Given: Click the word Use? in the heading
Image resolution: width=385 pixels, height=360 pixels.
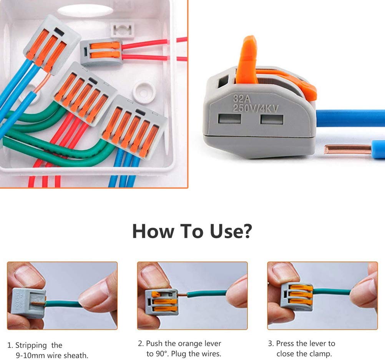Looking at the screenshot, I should [x=230, y=231].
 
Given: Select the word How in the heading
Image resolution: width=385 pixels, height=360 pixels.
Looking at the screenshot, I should [x=152, y=231].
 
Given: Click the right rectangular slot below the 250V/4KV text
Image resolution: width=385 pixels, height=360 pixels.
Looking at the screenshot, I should [x=271, y=119].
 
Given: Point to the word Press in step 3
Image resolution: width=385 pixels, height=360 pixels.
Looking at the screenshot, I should [x=286, y=343].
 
